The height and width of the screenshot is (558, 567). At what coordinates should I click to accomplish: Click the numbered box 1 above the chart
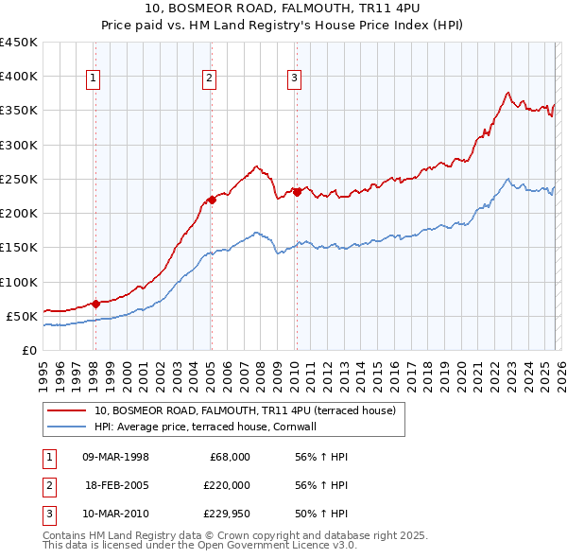tap(94, 78)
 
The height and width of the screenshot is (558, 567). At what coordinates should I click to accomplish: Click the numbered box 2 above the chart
tap(209, 78)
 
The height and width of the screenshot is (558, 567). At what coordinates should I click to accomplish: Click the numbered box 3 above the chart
tap(294, 78)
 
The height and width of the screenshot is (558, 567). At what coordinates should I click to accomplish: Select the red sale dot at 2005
tap(212, 200)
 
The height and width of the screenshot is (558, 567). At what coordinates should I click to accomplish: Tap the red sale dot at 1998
tap(96, 304)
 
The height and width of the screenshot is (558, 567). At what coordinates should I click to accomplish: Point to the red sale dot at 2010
tap(297, 192)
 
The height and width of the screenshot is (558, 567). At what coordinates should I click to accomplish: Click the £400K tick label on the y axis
tap(19, 77)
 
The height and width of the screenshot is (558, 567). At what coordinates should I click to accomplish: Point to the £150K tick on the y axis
tap(19, 248)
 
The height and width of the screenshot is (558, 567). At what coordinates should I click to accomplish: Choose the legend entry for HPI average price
tap(209, 427)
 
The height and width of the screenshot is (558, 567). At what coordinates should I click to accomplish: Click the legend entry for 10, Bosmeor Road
tap(249, 410)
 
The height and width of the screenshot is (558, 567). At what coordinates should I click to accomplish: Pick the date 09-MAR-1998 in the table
tap(116, 457)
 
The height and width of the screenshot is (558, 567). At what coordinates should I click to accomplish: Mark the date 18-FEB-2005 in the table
tap(116, 485)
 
